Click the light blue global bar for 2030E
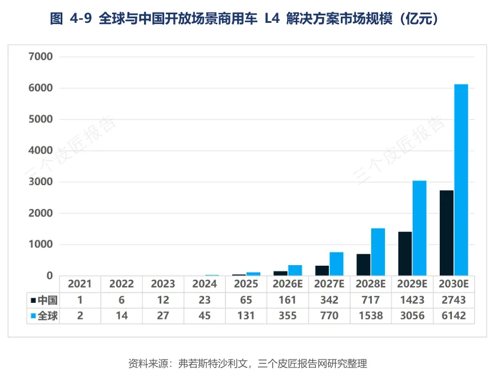tap(461, 180)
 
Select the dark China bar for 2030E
tap(447, 233)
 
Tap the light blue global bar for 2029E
tap(419, 228)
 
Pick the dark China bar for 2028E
tap(364, 265)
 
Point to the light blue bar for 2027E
tap(336, 263)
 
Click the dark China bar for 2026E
tap(280, 273)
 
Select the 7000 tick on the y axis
tap(41, 57)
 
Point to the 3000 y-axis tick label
tap(41, 182)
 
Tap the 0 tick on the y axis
tap(49, 276)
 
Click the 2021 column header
tap(80, 283)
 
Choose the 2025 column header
tap(246, 283)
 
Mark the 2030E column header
tap(454, 283)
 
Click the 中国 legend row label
tap(47, 300)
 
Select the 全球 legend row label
tap(47, 315)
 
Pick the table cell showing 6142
tap(454, 315)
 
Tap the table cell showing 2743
tap(454, 300)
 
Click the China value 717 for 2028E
tap(371, 300)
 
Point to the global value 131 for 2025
tap(246, 315)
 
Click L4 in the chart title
tap(272, 18)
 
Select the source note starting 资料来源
tap(248, 363)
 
